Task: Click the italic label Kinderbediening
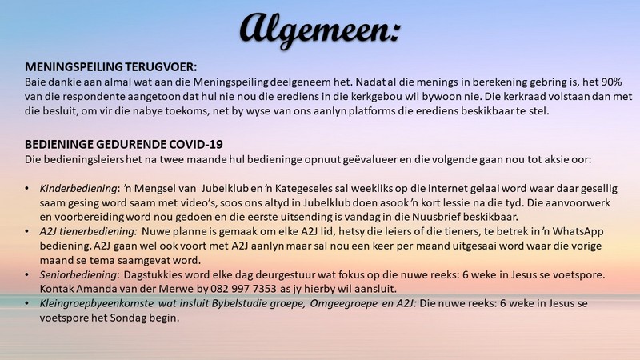(65, 188)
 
